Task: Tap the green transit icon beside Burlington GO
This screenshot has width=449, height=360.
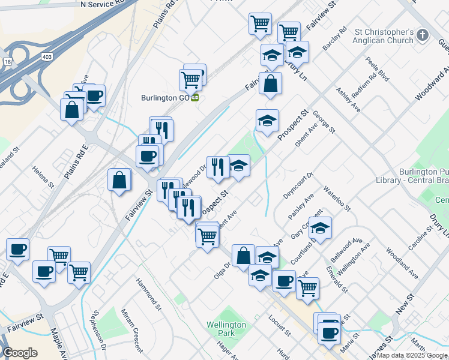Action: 195,98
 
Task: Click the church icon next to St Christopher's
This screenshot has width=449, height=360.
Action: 423,35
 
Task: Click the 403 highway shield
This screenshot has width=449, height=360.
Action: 46,55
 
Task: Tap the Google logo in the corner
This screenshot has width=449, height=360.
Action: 20,353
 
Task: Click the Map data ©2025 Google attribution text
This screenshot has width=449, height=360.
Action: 411,355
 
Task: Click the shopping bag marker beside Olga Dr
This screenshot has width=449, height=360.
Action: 243,256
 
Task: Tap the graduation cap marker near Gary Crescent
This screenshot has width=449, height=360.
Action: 320,227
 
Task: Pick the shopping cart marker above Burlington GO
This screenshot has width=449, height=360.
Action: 191,79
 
